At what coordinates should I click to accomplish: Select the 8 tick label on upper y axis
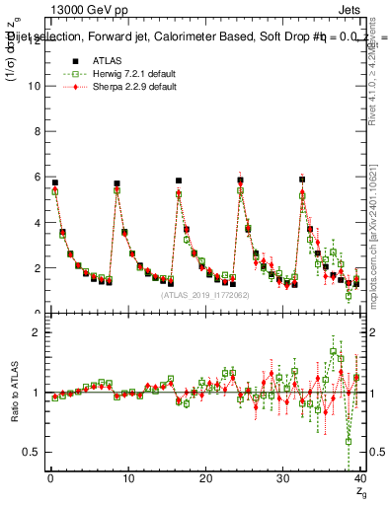pos(38,131)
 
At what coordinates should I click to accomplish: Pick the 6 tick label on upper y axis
pos(38,177)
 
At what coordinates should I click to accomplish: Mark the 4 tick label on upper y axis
pos(38,222)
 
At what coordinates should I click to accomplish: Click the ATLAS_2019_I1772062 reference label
pos(203,295)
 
